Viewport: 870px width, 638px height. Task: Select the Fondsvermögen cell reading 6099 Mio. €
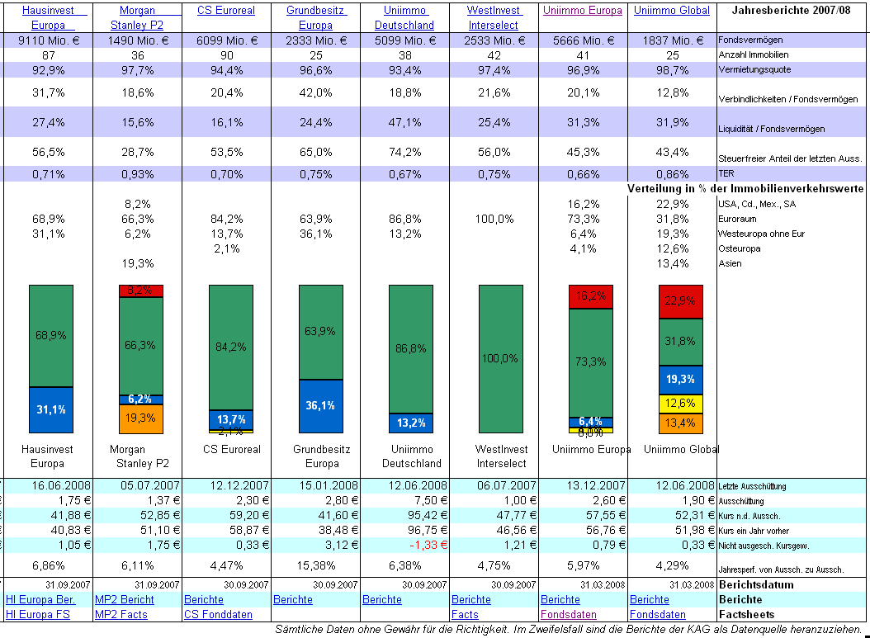pos(227,40)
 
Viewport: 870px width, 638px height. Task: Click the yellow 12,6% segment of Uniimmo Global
pos(680,403)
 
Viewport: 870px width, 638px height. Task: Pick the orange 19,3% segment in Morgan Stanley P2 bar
pos(141,418)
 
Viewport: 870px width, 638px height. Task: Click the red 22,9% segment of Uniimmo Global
pos(680,301)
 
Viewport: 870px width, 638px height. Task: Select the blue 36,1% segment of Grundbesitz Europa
pos(320,405)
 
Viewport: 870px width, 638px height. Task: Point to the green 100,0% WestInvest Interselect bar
pos(500,358)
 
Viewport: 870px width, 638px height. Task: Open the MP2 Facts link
pos(121,614)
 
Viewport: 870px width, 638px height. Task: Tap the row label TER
pos(727,174)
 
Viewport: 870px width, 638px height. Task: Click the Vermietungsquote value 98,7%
pos(672,70)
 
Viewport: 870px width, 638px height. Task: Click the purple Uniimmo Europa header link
pos(583,11)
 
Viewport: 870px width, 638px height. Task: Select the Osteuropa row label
pos(739,248)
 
